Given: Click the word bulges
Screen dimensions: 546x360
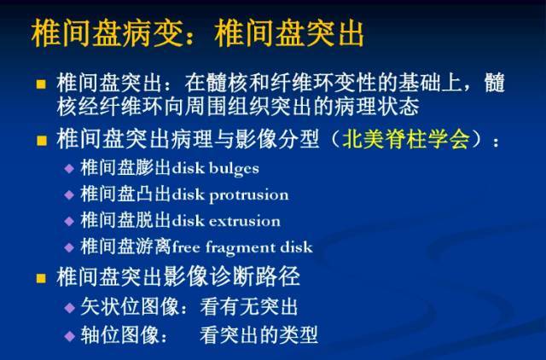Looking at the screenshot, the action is point(234,169).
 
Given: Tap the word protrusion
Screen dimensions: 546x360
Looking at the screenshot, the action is point(249,195).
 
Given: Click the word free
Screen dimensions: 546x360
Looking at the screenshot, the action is point(186,247).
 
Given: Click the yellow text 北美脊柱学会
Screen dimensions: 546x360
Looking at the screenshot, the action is point(406,139).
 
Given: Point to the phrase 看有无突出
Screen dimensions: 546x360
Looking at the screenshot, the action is point(249,307).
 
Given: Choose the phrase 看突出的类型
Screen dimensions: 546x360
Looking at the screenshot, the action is point(258,334).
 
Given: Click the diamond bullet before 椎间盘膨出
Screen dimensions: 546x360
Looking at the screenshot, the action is point(69,169).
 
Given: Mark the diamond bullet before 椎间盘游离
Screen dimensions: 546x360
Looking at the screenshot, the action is point(69,247).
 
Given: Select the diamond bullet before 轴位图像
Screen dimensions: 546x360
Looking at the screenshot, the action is point(70,336).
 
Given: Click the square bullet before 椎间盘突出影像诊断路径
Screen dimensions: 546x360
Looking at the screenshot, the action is point(42,278).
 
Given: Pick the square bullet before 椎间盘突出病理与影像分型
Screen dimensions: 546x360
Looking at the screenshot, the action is point(42,141).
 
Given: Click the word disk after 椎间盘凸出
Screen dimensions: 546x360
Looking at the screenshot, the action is point(188,195).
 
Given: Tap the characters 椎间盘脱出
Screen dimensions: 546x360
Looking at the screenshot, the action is point(125,221).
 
